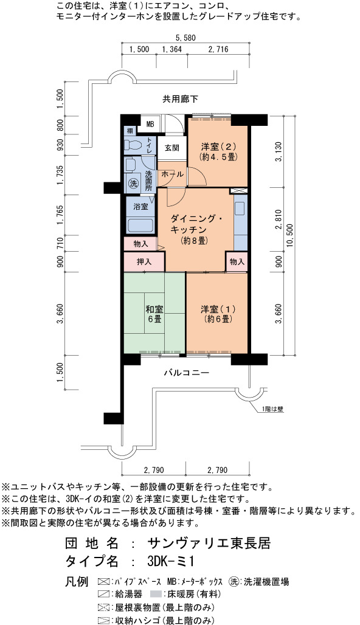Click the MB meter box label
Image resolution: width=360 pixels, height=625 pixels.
click(150, 124)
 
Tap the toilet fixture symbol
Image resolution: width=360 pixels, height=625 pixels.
click(133, 145)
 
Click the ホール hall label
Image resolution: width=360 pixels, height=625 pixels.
click(172, 174)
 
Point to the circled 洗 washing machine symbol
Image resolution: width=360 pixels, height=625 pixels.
click(133, 184)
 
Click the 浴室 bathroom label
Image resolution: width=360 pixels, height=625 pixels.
click(140, 207)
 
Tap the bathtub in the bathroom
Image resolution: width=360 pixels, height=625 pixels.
click(140, 226)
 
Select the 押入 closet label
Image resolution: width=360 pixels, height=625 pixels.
click(144, 262)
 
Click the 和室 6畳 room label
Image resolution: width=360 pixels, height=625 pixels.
click(154, 314)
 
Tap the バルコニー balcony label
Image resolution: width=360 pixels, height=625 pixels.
click(186, 373)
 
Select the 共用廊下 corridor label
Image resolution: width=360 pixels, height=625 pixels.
click(180, 98)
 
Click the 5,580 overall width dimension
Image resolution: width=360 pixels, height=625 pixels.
click(185, 38)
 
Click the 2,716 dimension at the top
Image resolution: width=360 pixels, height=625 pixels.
click(218, 49)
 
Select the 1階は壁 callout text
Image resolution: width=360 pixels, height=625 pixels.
click(272, 409)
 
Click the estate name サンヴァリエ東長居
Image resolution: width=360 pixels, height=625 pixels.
click(209, 543)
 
